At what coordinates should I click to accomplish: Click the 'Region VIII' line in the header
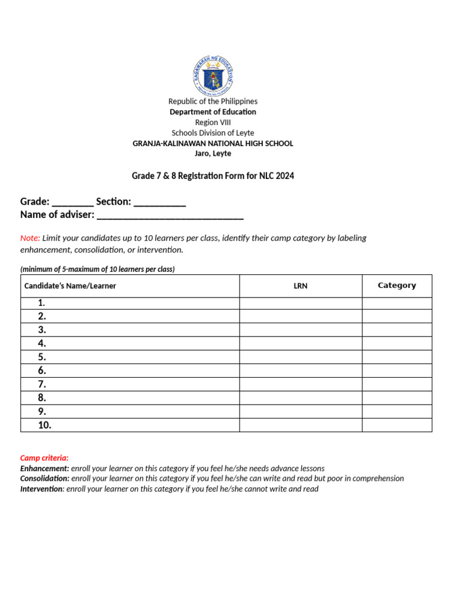pyautogui.click(x=213, y=122)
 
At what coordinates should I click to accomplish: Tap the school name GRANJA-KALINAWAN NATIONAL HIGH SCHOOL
pyautogui.click(x=213, y=143)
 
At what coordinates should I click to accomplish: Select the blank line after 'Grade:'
pyautogui.click(x=72, y=202)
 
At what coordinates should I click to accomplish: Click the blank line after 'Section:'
pyautogui.click(x=159, y=202)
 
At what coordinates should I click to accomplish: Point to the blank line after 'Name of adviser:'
pyautogui.click(x=170, y=215)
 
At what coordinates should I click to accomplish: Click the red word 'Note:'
pyautogui.click(x=30, y=238)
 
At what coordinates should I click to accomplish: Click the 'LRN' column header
pyautogui.click(x=301, y=286)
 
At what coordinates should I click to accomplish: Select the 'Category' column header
pyautogui.click(x=397, y=286)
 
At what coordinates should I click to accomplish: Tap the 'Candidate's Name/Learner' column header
pyautogui.click(x=70, y=286)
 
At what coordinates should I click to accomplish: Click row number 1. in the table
pyautogui.click(x=42, y=303)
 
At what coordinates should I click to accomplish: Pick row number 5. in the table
pyautogui.click(x=42, y=357)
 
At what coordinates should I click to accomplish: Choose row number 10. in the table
pyautogui.click(x=45, y=425)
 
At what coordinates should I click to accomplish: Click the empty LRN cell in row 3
pyautogui.click(x=301, y=330)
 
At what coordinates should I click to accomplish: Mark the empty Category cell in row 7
pyautogui.click(x=397, y=384)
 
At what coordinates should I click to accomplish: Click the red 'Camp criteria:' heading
pyautogui.click(x=44, y=457)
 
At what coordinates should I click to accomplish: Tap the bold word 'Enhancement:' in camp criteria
pyautogui.click(x=44, y=468)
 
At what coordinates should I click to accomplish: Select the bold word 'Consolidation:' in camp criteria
pyautogui.click(x=45, y=478)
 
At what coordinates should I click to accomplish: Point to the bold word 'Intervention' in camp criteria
pyautogui.click(x=41, y=488)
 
